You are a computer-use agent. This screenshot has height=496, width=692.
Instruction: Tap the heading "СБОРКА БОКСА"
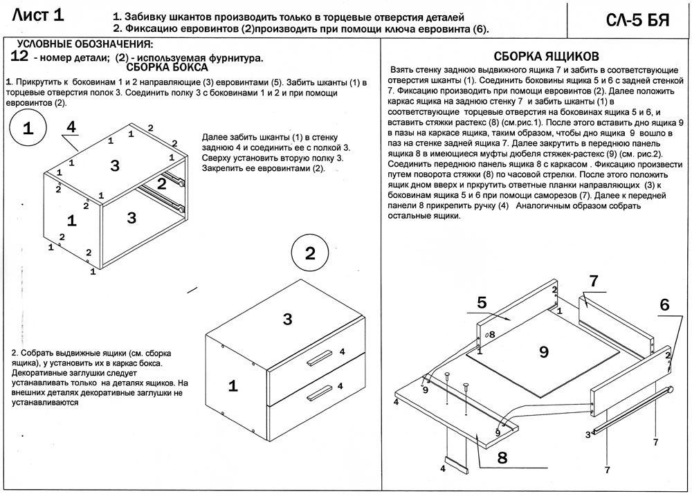pyautogui.click(x=167, y=68)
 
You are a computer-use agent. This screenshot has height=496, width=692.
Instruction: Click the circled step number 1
pyautogui.click(x=28, y=129)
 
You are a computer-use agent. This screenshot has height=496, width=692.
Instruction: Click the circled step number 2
pyautogui.click(x=310, y=252)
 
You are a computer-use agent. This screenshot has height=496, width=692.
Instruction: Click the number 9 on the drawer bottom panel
pyautogui.click(x=543, y=351)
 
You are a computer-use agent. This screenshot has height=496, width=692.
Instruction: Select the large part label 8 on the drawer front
pyautogui.click(x=502, y=457)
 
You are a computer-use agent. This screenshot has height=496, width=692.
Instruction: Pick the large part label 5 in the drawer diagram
pyautogui.click(x=482, y=302)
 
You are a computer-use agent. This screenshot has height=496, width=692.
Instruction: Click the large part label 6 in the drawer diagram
pyautogui.click(x=664, y=304)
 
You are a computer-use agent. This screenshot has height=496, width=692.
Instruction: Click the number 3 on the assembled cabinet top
pyautogui.click(x=288, y=319)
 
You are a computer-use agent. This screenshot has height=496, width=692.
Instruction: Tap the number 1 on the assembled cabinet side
pyautogui.click(x=233, y=386)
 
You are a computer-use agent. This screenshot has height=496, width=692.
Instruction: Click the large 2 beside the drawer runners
pyautogui.click(x=161, y=184)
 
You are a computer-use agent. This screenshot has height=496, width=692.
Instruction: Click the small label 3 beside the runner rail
pyautogui.click(x=588, y=434)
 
